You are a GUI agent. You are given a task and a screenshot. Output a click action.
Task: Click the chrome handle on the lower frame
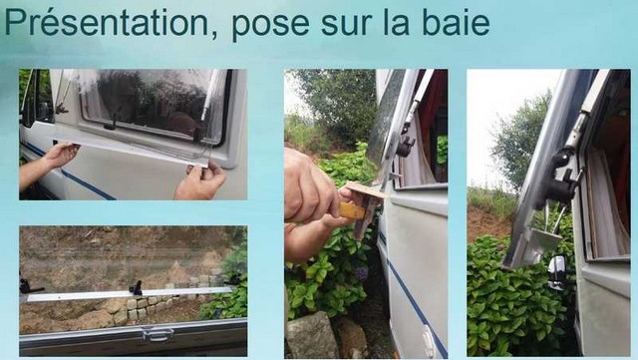(x=158, y=334)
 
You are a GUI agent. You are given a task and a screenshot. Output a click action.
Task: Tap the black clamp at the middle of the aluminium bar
(x=137, y=287)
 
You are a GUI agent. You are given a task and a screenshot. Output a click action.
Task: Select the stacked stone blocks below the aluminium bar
(x=148, y=307)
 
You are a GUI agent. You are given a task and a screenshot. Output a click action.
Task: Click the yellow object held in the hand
(x=352, y=210)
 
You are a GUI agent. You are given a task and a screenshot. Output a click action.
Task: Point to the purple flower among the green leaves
(x=361, y=273)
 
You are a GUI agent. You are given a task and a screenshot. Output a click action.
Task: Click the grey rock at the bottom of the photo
(x=312, y=335)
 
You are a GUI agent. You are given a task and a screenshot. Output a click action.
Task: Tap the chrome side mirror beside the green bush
(x=556, y=271)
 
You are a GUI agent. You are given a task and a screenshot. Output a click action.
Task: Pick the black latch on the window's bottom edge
(x=111, y=124)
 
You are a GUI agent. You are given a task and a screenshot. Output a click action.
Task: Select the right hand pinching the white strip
(x=200, y=181)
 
